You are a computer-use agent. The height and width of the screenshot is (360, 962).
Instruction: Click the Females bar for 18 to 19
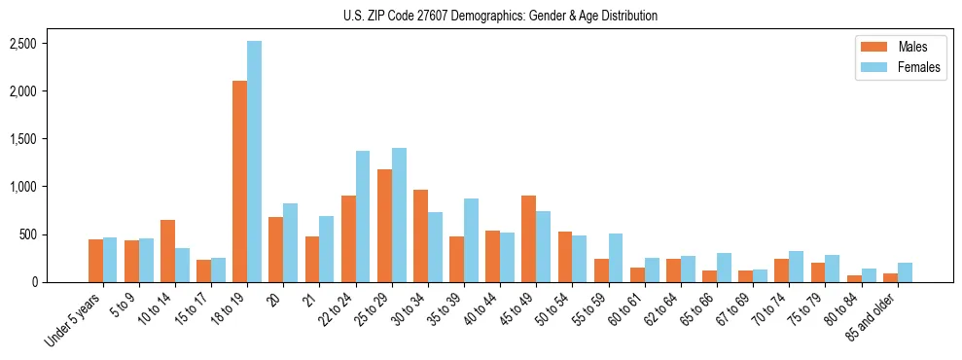coord(254,162)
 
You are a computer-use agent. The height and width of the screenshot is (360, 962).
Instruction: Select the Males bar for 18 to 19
coord(239,182)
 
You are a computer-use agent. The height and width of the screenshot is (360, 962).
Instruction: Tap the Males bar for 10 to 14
coord(167,251)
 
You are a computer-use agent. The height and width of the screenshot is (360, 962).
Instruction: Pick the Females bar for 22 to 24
coord(363,216)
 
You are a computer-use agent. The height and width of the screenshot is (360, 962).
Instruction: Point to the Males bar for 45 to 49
coord(528,239)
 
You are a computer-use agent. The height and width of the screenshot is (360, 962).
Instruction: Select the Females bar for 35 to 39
coord(471,240)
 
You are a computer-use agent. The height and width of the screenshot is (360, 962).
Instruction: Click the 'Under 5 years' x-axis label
coord(73,320)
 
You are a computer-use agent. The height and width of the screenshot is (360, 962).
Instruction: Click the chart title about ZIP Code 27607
coord(500,16)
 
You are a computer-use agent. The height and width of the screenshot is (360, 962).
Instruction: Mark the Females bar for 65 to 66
coord(724,268)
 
